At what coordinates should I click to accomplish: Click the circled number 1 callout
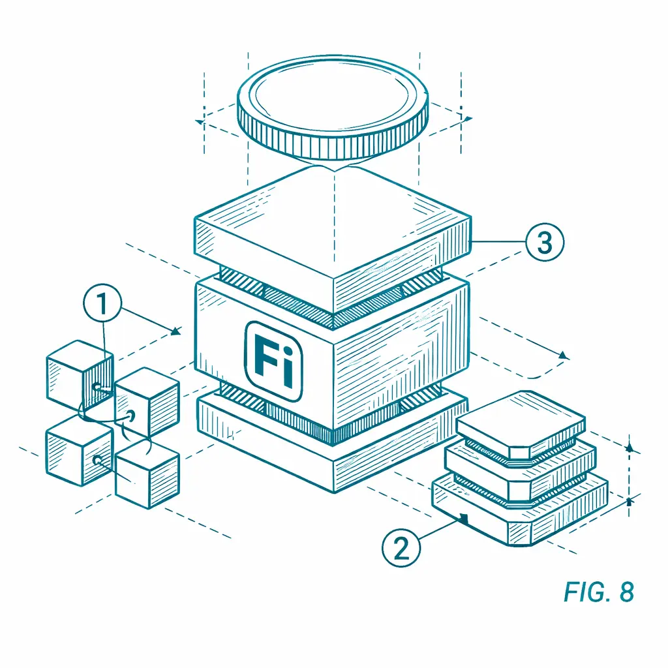102,303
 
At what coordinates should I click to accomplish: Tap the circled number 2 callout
401,547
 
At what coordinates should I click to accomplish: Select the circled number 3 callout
545,242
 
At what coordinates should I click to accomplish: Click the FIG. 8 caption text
599,592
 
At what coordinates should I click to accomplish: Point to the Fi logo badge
274,361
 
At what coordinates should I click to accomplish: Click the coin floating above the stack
332,108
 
